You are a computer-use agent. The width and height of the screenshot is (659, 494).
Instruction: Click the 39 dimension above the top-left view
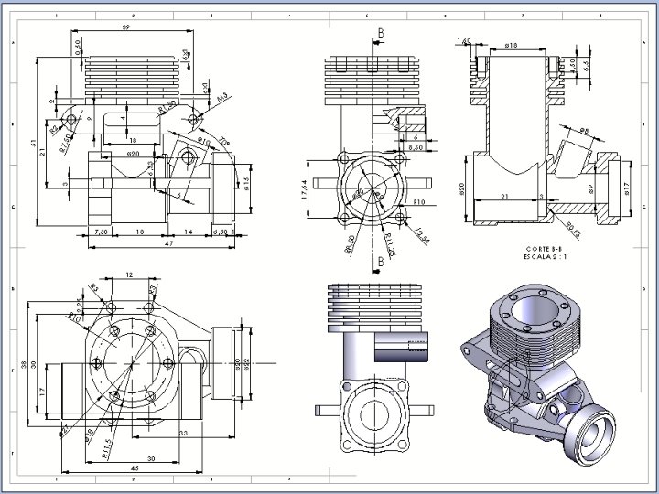[124, 28]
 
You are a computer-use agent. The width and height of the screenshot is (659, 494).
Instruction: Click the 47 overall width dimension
[143, 244]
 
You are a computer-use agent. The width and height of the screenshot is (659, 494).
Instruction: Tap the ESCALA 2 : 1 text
[546, 256]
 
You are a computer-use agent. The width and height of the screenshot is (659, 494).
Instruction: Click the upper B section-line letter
[380, 32]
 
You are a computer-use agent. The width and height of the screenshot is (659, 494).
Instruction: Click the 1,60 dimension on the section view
[463, 41]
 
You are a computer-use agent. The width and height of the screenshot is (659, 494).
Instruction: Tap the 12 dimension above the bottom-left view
[129, 274]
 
